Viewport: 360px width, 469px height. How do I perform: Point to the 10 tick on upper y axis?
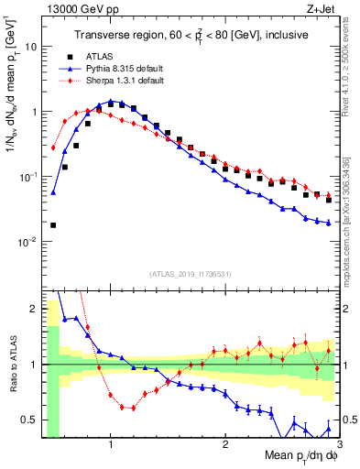[x=30, y=46]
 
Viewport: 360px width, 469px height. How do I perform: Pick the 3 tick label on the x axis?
[x=339, y=444]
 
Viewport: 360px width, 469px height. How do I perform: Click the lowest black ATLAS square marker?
[x=53, y=224]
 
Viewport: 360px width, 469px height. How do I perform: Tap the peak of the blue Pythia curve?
[x=111, y=101]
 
